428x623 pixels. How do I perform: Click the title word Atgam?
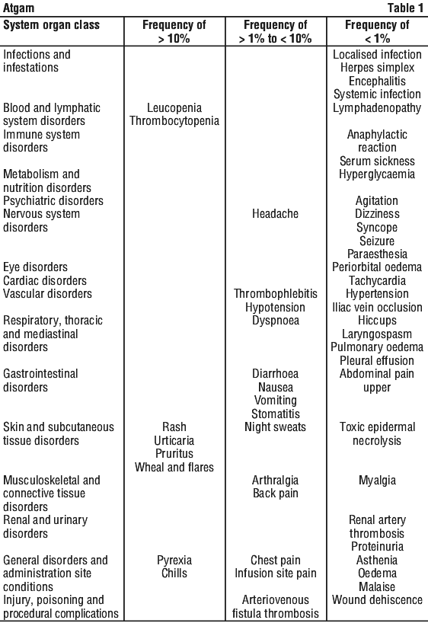click(x=19, y=8)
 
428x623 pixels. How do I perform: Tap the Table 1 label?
click(x=405, y=8)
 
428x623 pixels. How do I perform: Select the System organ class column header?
click(x=51, y=25)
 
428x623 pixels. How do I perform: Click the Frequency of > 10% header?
click(x=174, y=32)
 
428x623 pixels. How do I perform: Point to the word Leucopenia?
click(x=174, y=107)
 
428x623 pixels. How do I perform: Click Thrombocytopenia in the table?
click(x=174, y=121)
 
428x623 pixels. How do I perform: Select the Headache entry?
click(x=276, y=214)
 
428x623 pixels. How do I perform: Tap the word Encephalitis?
click(x=377, y=81)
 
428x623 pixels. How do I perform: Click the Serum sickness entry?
click(x=377, y=161)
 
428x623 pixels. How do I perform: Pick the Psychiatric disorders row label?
click(x=53, y=200)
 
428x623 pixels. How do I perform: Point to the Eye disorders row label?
click(x=35, y=267)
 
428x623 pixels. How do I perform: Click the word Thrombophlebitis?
click(x=276, y=294)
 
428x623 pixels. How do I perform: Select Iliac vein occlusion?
click(x=377, y=307)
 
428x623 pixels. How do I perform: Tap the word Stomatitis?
click(x=276, y=414)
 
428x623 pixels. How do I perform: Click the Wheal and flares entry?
click(x=174, y=467)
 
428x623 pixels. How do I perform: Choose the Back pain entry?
click(x=276, y=494)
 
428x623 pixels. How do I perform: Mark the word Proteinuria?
click(x=377, y=547)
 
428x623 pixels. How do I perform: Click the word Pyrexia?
click(x=174, y=561)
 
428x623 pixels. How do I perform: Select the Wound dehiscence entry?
click(x=377, y=600)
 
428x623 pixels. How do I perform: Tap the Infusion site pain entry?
click(x=276, y=573)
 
